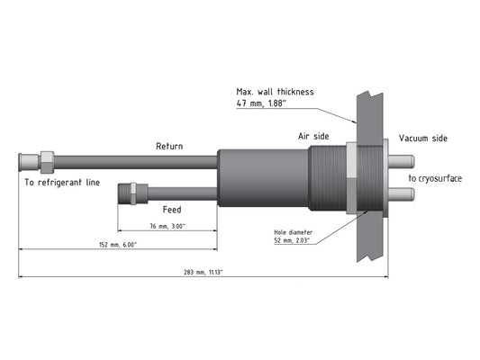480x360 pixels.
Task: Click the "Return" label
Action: (x=169, y=146)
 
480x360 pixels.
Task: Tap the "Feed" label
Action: (x=172, y=210)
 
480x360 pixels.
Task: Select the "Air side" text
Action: (x=313, y=136)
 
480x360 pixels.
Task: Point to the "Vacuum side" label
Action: (x=422, y=139)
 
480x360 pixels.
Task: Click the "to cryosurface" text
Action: (x=435, y=178)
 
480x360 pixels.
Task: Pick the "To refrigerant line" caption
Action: (x=62, y=183)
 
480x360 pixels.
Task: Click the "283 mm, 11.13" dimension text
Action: (x=203, y=272)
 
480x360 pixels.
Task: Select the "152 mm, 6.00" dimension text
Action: (x=118, y=245)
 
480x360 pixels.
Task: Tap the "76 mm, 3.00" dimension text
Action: (x=168, y=226)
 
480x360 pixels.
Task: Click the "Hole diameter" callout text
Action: (x=293, y=232)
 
